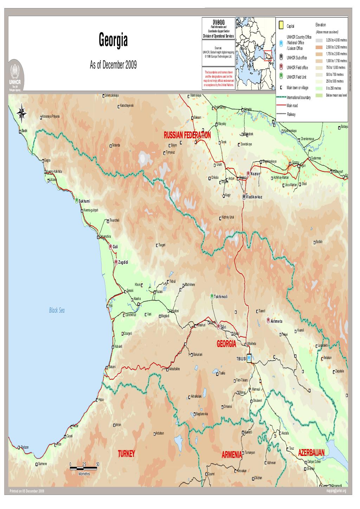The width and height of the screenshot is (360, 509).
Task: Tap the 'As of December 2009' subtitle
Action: click(113, 66)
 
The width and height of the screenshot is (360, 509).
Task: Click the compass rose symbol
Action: click(21, 112)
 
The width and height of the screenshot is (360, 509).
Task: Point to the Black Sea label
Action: click(57, 310)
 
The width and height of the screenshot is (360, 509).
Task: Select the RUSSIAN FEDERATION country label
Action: click(187, 135)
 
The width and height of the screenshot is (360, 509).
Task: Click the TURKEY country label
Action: click(127, 453)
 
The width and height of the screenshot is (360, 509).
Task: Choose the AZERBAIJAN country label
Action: click(311, 452)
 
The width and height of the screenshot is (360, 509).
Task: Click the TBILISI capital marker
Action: click(249, 358)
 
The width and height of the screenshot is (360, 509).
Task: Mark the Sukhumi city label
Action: click(84, 201)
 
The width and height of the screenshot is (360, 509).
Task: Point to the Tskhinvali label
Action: click(221, 296)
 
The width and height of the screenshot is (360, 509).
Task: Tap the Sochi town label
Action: click(24, 131)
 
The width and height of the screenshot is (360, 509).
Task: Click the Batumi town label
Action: click(112, 367)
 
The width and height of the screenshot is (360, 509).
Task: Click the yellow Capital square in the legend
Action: click(281, 25)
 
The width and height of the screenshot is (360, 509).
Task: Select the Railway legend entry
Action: click(291, 114)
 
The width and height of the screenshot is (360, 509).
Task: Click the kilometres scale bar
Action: click(84, 468)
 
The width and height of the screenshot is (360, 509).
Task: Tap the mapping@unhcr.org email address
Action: click(336, 491)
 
